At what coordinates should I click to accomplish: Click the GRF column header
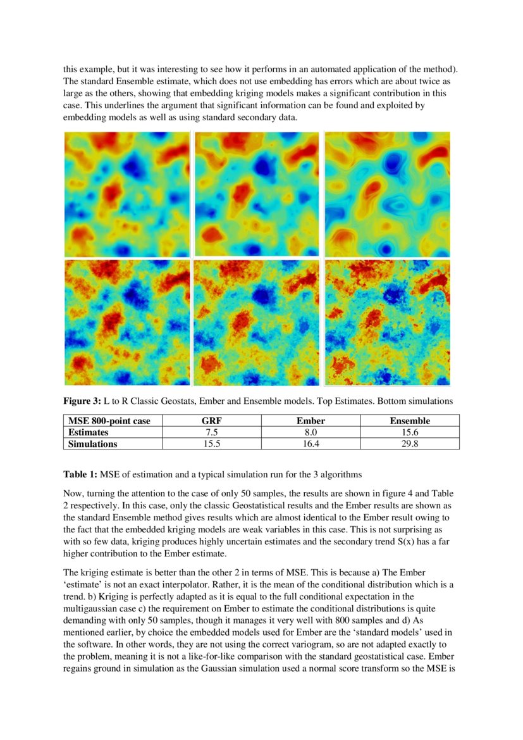212,421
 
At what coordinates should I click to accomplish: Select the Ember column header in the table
311,421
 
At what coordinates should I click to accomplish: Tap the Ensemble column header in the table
410,421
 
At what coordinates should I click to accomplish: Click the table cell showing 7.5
212,432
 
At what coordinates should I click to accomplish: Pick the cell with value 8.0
311,432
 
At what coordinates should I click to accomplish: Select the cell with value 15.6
410,432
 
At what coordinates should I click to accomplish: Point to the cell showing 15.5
212,444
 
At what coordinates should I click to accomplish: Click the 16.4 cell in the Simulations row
311,444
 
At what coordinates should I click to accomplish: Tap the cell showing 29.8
410,444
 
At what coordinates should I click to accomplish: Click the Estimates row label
89,432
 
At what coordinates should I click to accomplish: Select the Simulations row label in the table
92,444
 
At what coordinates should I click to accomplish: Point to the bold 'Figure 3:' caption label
82,401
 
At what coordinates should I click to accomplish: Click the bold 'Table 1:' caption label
80,474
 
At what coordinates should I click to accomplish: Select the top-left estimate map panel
127,194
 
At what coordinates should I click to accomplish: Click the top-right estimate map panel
387,194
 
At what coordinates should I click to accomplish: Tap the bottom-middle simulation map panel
257,322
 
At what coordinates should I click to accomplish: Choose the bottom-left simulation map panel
127,322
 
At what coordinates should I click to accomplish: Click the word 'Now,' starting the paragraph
73,492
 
